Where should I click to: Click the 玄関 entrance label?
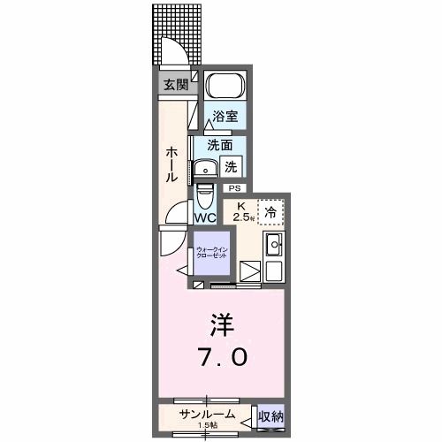tap(175, 85)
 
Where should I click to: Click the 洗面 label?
tap(219, 145)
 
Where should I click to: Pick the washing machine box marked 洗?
tap(230, 164)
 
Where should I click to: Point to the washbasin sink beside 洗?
tap(208, 168)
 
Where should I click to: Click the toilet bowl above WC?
tap(204, 192)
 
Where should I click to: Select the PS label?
tap(234, 187)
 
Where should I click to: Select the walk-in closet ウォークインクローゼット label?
tap(212, 253)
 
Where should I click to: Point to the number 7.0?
tap(222, 357)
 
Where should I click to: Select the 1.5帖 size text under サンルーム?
tap(207, 425)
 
